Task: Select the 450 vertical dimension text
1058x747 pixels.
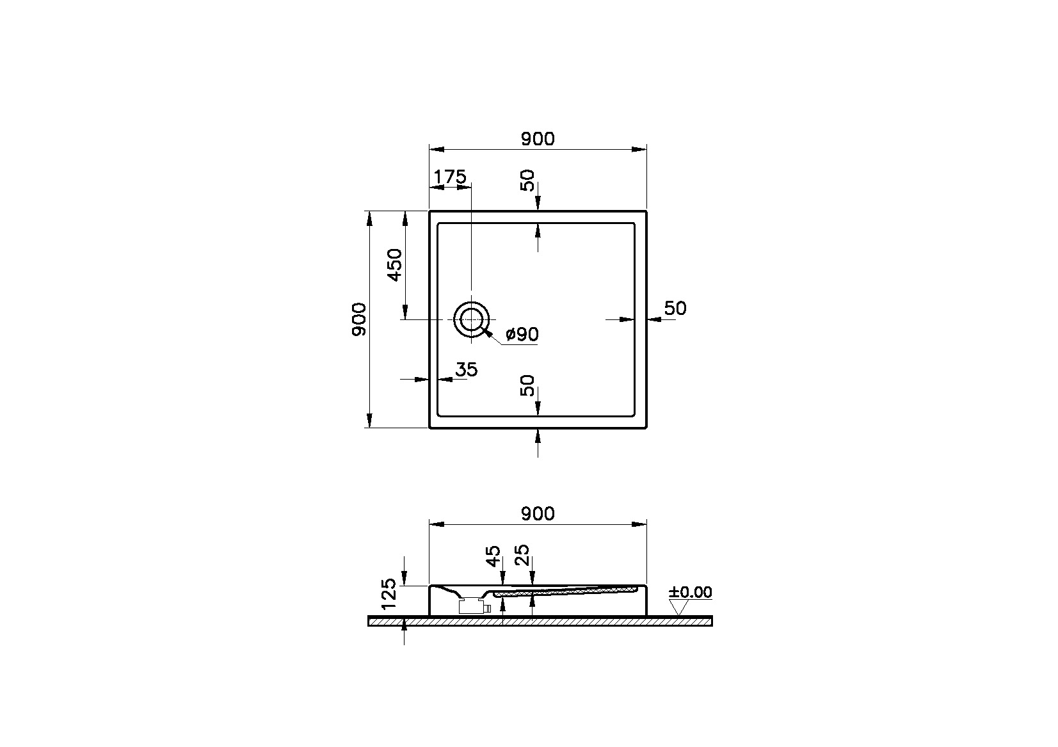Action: [394, 264]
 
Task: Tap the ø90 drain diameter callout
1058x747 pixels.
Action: [522, 334]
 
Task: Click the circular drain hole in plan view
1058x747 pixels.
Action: [472, 319]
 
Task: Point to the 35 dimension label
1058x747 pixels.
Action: [466, 369]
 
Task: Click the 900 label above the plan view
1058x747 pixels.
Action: [537, 138]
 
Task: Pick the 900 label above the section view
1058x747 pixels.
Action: [537, 513]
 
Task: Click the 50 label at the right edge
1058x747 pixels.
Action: [675, 309]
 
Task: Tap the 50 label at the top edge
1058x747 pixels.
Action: [527, 181]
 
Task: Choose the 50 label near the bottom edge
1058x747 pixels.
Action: [527, 386]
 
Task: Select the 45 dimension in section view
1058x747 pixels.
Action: [492, 556]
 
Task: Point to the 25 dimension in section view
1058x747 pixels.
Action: [522, 556]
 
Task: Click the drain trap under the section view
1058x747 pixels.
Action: [474, 605]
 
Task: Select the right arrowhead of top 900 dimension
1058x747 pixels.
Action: [639, 149]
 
